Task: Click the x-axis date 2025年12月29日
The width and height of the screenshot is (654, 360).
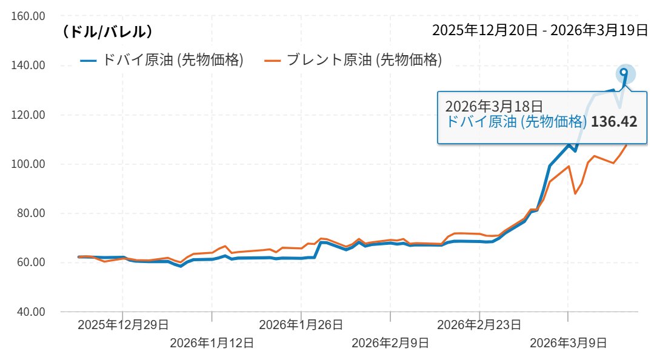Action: [x=123, y=325]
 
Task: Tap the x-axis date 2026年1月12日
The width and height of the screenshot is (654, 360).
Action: [x=212, y=343]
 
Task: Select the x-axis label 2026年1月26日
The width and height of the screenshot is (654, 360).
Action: [x=301, y=325]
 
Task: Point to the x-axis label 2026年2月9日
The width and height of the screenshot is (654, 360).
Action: [x=390, y=343]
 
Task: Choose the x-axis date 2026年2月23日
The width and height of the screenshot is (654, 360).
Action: [x=479, y=325]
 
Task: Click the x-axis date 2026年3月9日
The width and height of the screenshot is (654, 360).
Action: [x=568, y=343]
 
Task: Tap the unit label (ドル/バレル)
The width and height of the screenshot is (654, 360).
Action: [x=107, y=32]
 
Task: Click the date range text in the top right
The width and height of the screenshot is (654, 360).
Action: [x=540, y=30]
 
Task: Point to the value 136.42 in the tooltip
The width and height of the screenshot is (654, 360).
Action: [x=614, y=122]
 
